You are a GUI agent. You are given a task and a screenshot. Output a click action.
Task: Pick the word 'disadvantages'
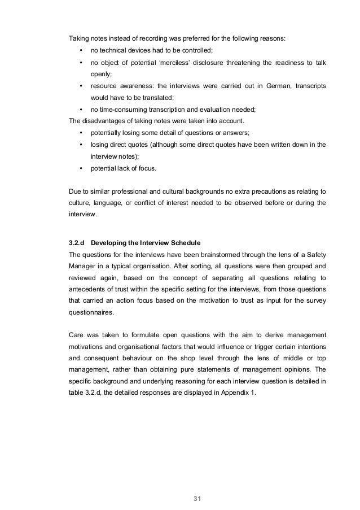click(x=105, y=120)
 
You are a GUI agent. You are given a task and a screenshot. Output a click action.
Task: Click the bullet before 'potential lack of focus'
click(x=82, y=168)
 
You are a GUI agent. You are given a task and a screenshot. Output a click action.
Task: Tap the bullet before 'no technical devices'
click(x=82, y=49)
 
